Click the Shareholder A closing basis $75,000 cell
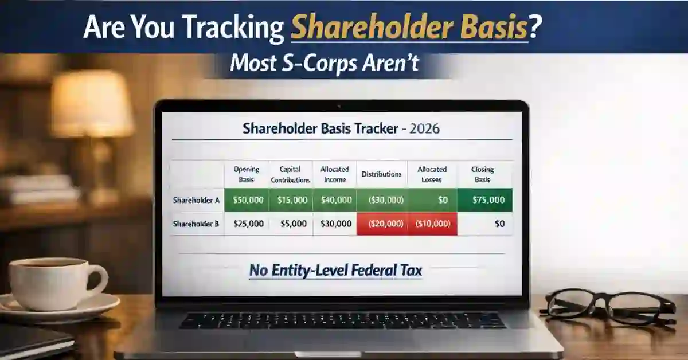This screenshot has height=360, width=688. point(485,200)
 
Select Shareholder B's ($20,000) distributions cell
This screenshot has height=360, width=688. point(382,224)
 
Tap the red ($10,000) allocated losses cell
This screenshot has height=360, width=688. point(432,224)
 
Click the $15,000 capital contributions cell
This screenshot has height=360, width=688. point(291,200)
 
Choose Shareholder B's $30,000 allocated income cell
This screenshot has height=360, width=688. point(335,224)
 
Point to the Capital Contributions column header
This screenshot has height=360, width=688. point(291,174)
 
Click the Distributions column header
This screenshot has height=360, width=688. point(382,174)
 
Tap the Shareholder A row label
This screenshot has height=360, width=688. point(196,200)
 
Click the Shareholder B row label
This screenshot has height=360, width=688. point(196,224)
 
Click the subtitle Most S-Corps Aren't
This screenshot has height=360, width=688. point(324,65)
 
